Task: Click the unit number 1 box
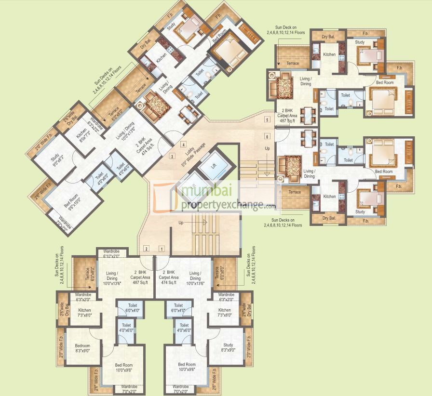(162, 249)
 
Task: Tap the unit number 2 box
(146, 249)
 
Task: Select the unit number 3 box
(172, 156)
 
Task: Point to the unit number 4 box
(183, 144)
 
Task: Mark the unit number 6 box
(267, 136)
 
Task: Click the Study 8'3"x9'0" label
(228, 348)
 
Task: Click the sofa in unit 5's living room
(281, 86)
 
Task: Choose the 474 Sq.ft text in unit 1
(169, 283)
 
